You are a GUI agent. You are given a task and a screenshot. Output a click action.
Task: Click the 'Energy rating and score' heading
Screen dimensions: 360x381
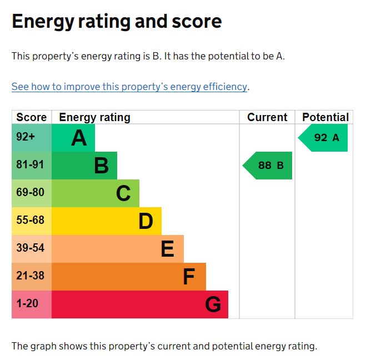[117, 22]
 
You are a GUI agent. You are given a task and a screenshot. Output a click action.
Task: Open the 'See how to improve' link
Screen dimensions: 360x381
[129, 87]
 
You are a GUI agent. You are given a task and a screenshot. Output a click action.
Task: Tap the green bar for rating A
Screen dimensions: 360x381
[73, 138]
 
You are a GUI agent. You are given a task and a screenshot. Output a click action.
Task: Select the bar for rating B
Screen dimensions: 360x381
[84, 166]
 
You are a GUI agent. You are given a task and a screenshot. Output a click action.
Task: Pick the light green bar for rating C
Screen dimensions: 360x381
[96, 193]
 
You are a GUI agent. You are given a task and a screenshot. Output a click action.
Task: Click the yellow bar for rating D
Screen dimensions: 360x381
[107, 221]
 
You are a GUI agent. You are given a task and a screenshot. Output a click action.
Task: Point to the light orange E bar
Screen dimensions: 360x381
[118, 249]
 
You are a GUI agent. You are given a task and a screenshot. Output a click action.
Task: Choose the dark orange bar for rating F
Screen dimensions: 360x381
[129, 277]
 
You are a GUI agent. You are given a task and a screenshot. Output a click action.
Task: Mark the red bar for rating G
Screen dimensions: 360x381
[140, 304]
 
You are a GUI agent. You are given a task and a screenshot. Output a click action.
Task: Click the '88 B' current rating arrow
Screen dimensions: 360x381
[268, 166]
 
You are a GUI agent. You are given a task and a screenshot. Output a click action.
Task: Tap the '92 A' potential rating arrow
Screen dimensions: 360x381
[324, 138]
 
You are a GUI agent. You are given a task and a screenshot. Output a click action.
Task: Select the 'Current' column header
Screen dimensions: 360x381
[267, 117]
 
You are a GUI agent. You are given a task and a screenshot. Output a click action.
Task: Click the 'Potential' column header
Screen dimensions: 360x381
[325, 117]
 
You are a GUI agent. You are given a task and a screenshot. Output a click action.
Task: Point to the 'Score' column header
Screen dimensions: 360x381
[32, 117]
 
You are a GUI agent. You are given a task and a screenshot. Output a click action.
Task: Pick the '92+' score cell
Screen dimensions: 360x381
[32, 138]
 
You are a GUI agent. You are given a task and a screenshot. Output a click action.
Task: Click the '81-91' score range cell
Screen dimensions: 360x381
[32, 166]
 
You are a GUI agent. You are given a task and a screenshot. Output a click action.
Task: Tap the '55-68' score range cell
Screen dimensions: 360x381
[32, 221]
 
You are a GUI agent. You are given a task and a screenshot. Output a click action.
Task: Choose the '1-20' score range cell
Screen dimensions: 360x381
[32, 304]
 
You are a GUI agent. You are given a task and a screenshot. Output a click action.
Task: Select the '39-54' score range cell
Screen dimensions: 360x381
[32, 249]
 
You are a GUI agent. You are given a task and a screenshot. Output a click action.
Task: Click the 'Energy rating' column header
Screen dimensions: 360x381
[94, 117]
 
